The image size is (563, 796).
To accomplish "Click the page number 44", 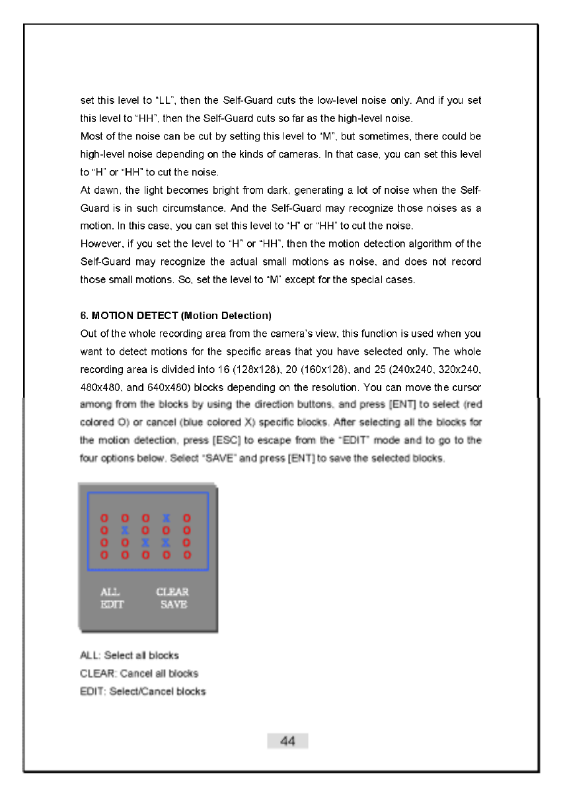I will [287, 742].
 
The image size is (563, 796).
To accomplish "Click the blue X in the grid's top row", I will [167, 517].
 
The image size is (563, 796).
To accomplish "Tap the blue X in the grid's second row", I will [124, 530].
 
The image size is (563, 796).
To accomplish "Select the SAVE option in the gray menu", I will [174, 605].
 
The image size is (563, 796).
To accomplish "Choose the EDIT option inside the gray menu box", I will [112, 605].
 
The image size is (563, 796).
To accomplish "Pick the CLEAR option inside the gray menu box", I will [172, 592].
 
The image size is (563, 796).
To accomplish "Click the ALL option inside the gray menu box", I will [110, 592].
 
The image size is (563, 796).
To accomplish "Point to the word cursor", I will [466, 387].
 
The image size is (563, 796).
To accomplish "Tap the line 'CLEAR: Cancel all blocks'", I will [139, 674].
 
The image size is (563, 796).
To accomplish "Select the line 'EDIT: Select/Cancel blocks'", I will [143, 691].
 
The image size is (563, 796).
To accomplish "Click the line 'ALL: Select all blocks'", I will [130, 656].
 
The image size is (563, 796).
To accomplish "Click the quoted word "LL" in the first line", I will [165, 101].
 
